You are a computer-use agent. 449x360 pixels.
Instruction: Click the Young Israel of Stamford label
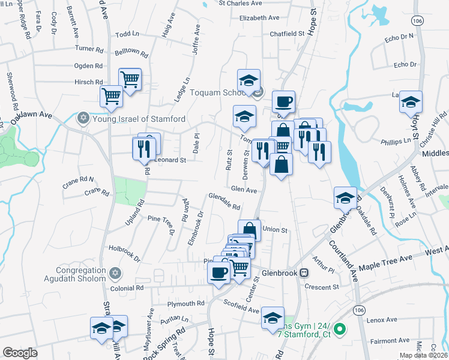coord(139,119)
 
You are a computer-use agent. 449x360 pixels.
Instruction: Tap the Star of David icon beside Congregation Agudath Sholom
coord(117,274)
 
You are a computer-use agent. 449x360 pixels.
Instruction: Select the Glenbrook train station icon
coord(304,272)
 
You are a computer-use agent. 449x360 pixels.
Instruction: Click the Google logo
coord(20,353)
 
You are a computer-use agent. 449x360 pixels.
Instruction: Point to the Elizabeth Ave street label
coord(259,18)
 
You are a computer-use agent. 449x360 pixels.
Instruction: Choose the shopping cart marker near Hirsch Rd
coord(130,79)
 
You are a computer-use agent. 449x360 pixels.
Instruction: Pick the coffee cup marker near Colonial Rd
coord(219,272)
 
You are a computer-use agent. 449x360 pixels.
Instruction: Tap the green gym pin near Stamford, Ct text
coord(339,329)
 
